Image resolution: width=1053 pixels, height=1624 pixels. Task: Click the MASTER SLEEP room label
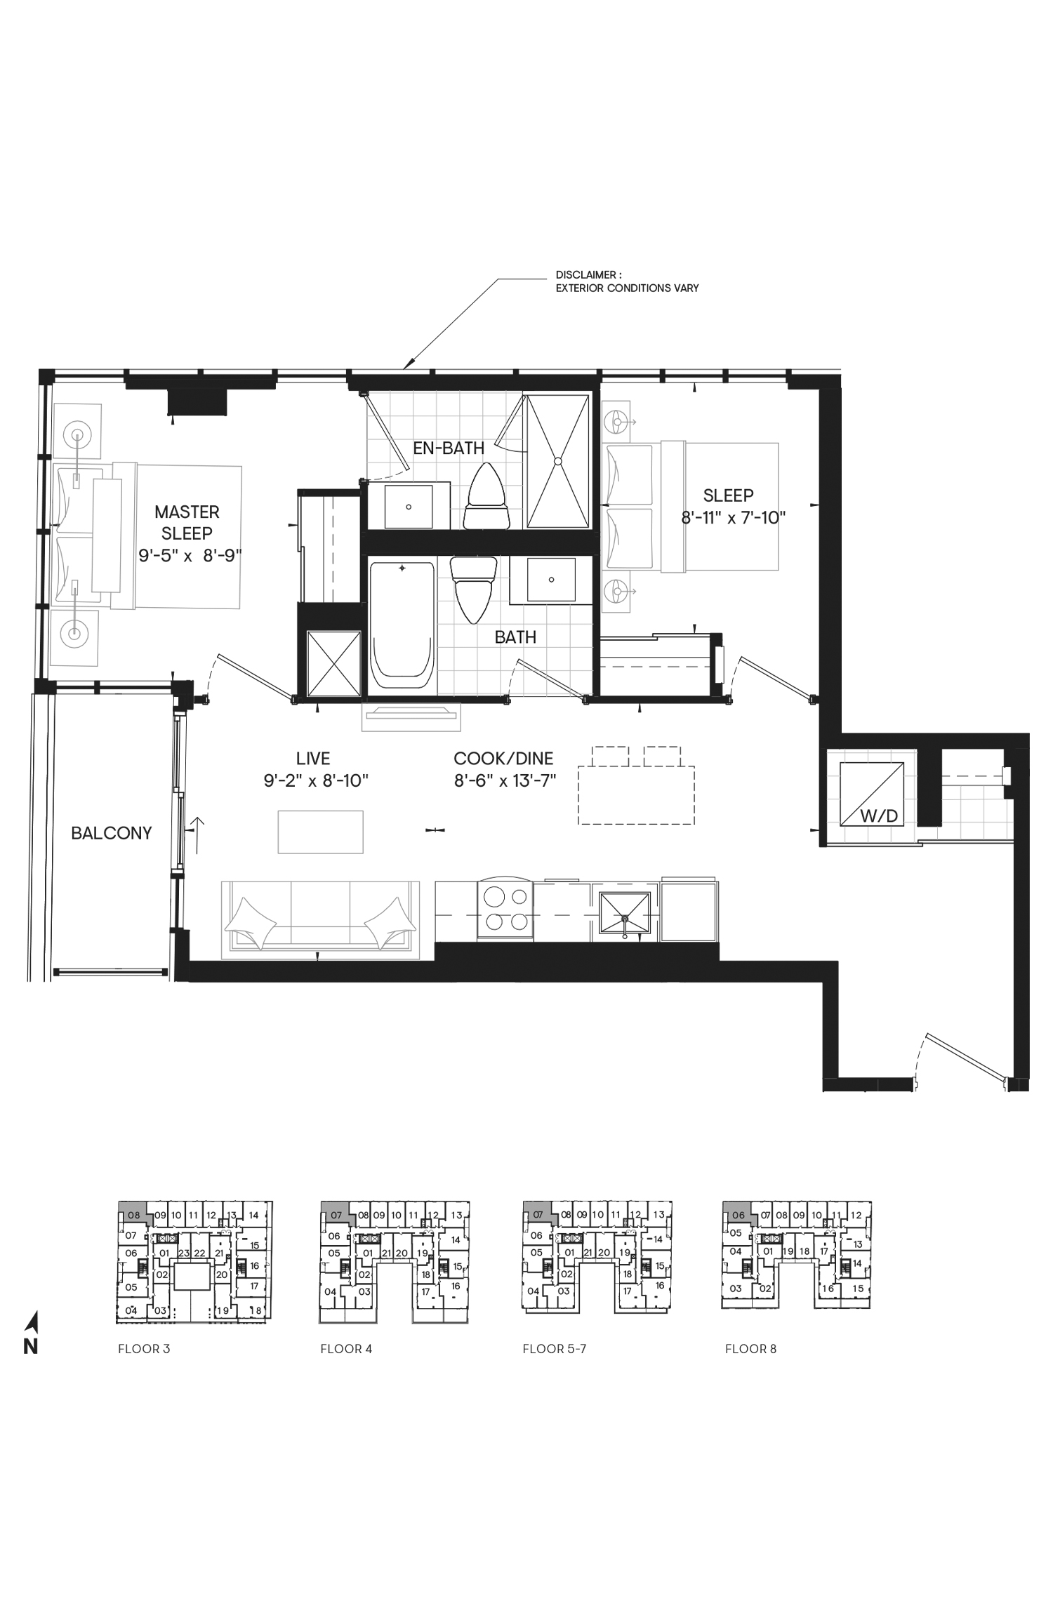[x=187, y=522]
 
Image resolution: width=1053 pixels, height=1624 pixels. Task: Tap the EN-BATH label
[x=449, y=448]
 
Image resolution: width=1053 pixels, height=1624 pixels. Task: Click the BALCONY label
[x=112, y=833]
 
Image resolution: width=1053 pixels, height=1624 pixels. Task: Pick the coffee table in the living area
[x=320, y=832]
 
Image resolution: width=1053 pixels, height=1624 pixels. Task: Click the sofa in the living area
[x=320, y=920]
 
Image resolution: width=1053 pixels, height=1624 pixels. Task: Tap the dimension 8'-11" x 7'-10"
[x=733, y=518]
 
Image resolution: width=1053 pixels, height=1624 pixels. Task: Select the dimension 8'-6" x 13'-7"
[x=505, y=780]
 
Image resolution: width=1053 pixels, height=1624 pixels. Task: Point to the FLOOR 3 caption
[x=144, y=1349]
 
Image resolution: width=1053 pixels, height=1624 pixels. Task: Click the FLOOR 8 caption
[x=750, y=1349]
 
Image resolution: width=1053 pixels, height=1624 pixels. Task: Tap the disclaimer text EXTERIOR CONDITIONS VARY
[x=627, y=288]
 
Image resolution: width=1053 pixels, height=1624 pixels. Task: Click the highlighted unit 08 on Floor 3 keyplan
[x=133, y=1214]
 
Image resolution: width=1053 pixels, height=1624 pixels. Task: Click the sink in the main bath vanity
[x=551, y=580]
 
